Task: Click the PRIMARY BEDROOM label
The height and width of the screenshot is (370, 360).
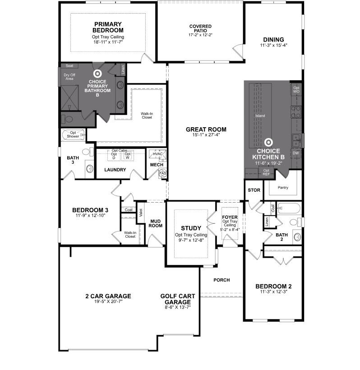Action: (108, 27)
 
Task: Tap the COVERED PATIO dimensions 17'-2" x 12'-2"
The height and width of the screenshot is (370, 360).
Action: (200, 35)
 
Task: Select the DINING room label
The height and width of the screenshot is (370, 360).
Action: (273, 39)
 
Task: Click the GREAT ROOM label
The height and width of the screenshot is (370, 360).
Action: (206, 129)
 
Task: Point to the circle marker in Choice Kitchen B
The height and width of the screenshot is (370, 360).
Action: (268, 142)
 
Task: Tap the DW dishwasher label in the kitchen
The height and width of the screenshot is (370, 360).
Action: (296, 153)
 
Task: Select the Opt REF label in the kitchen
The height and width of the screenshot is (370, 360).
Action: (266, 172)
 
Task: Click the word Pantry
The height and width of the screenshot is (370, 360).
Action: (283, 187)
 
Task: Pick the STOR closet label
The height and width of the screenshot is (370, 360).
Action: (254, 190)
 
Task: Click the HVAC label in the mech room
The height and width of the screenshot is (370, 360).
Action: (157, 154)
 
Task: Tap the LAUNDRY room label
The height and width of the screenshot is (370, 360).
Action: (115, 170)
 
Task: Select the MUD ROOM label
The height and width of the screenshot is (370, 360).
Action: (156, 223)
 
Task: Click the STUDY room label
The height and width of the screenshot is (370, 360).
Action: (191, 228)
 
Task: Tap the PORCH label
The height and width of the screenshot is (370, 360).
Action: (222, 280)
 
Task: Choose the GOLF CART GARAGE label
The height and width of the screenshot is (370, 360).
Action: (178, 299)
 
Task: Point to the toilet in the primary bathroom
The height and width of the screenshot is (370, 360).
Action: (67, 120)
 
